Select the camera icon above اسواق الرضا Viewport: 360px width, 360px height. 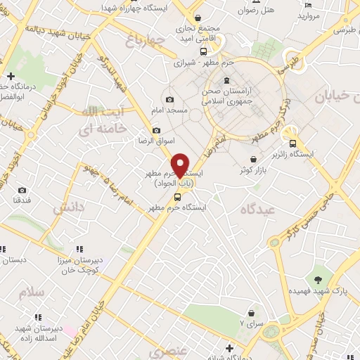pos(156,131)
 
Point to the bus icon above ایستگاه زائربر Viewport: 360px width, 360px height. pos(292,144)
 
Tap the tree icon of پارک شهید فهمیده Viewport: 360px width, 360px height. pos(320,280)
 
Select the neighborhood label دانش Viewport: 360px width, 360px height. pos(69,207)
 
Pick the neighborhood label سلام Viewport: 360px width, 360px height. pos(32,292)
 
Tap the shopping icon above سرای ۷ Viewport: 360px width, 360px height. pos(251,313)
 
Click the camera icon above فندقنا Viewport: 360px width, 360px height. pos(22,190)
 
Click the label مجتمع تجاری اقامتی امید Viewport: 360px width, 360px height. pos(200,34)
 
